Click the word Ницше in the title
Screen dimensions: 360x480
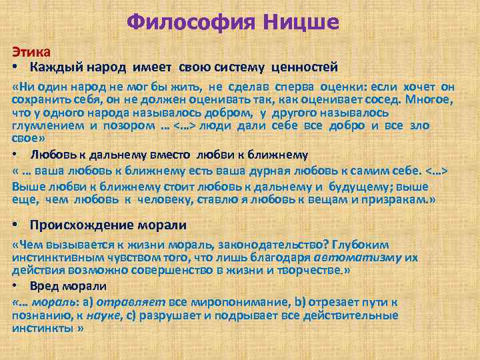pyautogui.click(x=301, y=23)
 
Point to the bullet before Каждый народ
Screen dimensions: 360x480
pyautogui.click(x=15, y=68)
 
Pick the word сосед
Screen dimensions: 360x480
pyautogui.click(x=385, y=101)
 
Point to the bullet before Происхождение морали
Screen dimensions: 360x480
pyautogui.click(x=15, y=224)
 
